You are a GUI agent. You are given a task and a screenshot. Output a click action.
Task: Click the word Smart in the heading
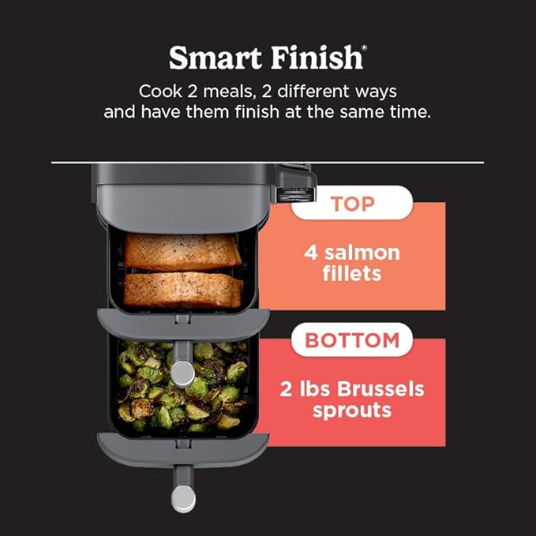click(215, 58)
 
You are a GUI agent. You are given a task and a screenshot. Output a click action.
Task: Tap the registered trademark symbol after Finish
click(364, 50)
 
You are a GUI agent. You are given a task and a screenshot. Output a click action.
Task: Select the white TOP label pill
click(352, 203)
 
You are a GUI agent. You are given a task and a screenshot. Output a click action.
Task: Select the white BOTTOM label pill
click(352, 340)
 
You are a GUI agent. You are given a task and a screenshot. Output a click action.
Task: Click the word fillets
click(352, 275)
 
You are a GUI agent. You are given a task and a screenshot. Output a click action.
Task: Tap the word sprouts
click(352, 410)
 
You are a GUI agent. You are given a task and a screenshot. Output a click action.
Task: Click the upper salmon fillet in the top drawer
click(182, 252)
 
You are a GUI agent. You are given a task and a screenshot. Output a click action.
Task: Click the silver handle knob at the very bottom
click(183, 497)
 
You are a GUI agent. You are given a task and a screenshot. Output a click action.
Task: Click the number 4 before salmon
click(310, 253)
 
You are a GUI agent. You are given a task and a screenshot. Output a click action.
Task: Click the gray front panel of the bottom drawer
click(182, 448)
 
